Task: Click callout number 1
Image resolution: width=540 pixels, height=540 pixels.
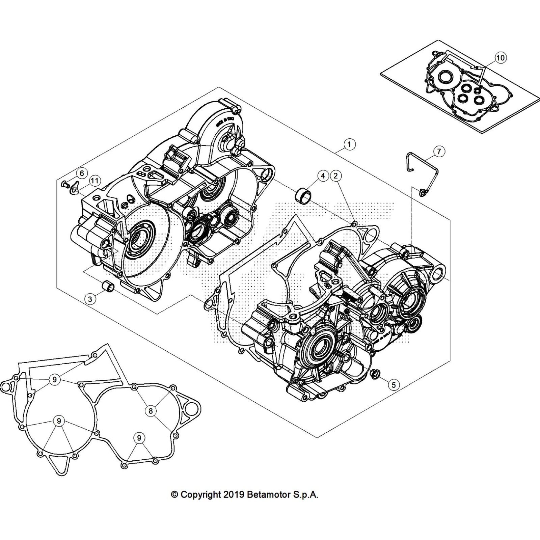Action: click(x=349, y=144)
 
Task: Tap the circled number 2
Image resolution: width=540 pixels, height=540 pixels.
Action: click(x=335, y=175)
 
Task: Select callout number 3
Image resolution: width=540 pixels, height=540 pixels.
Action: click(x=90, y=299)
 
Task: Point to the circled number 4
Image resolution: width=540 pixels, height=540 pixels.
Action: click(x=323, y=175)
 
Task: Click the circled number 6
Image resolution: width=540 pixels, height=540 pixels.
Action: click(x=82, y=173)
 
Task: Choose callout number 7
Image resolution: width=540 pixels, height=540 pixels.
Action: click(x=439, y=152)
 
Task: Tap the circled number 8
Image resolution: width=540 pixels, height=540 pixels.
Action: click(x=151, y=411)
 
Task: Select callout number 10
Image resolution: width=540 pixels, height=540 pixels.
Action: click(x=500, y=58)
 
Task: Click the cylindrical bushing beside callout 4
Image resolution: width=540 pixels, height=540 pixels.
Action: click(x=302, y=195)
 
